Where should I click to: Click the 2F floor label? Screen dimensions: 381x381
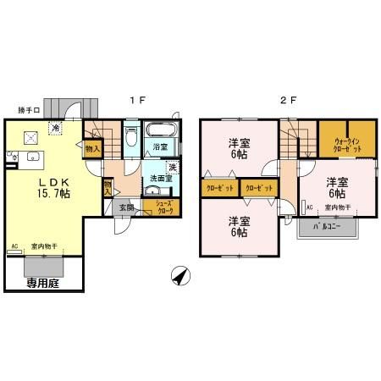(288, 100)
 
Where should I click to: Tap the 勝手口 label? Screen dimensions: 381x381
(30, 110)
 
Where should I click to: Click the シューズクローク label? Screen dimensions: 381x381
(159, 207)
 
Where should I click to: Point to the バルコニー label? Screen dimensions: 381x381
(327, 228)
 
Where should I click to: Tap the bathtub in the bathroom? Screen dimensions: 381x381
(160, 130)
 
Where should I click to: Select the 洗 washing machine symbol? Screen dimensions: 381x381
(172, 166)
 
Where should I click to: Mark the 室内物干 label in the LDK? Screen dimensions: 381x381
(43, 246)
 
